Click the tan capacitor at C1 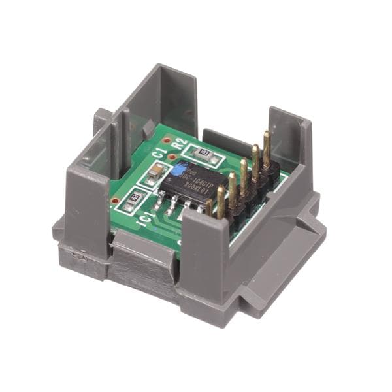tap(155, 173)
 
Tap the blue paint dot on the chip tap(177, 169)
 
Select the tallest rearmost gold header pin tap(267, 147)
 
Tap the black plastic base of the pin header tap(248, 196)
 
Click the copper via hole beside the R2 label tap(168, 140)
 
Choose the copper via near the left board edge tap(116, 200)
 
